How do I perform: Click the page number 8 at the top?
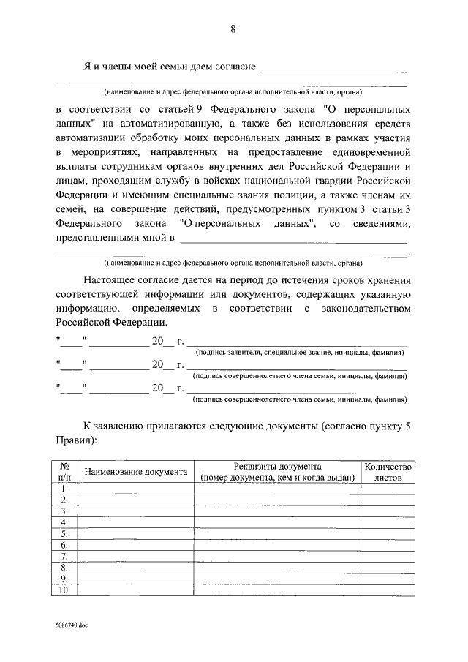pyautogui.click(x=233, y=29)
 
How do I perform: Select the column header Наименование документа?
pyautogui.click(x=136, y=472)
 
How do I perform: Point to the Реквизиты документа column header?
pyautogui.click(x=277, y=472)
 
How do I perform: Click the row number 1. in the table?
pyautogui.click(x=64, y=489)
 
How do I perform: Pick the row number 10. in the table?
pyautogui.click(x=64, y=590)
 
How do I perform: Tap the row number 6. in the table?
pyautogui.click(x=64, y=545)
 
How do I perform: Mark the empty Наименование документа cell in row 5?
pyautogui.click(x=136, y=534)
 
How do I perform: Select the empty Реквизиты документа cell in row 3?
pyautogui.click(x=277, y=511)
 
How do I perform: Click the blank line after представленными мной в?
pyautogui.click(x=293, y=238)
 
